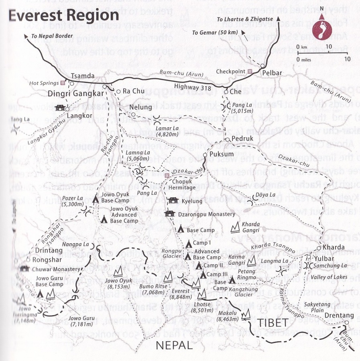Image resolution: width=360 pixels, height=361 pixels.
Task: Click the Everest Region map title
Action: click(63, 16)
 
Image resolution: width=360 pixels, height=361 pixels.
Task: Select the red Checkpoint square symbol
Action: click(250, 71)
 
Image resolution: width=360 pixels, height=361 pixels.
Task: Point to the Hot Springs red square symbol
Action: click(62, 84)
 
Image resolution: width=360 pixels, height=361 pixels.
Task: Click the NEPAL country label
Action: click(174, 345)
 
